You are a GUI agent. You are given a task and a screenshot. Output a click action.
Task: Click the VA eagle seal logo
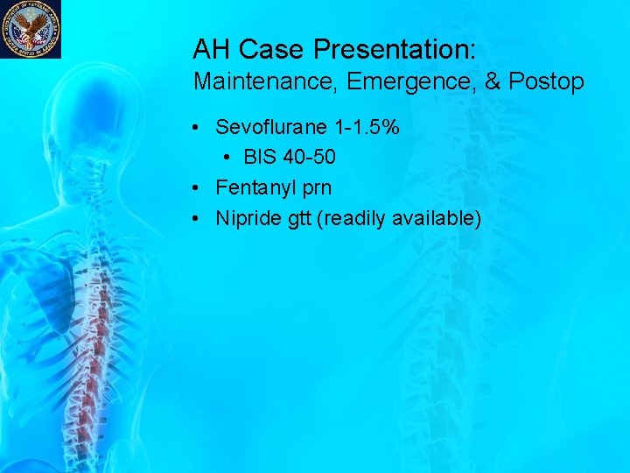click(x=31, y=28)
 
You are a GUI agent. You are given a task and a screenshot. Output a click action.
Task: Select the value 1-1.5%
click(x=368, y=127)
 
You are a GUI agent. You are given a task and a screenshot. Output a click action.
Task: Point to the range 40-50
click(x=310, y=158)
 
